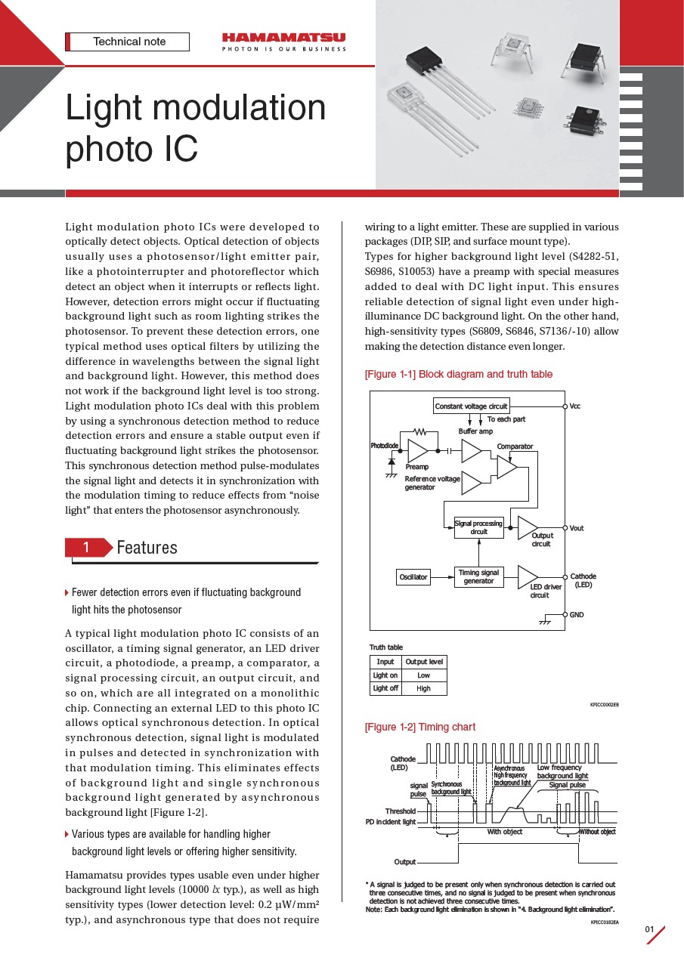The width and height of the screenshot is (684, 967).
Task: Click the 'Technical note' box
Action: (128, 42)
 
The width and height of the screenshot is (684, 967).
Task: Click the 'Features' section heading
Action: (147, 548)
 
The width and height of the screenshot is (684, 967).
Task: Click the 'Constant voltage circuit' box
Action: (472, 406)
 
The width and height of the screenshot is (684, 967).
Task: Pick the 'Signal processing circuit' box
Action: (478, 527)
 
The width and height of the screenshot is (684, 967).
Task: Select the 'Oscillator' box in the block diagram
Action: (413, 577)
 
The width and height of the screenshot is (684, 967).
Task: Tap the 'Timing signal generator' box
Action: (478, 577)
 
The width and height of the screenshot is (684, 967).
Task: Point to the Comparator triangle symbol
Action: (506, 468)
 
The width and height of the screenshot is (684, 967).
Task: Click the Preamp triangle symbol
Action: (417, 451)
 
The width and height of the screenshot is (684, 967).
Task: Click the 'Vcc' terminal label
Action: (575, 406)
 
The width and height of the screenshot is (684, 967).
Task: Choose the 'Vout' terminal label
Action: (577, 528)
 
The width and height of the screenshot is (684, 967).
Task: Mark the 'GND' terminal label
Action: (577, 615)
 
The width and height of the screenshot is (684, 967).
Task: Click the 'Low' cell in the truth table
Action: (424, 675)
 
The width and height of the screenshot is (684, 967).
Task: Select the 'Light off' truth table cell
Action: (385, 688)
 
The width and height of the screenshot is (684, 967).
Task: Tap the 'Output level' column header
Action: (424, 662)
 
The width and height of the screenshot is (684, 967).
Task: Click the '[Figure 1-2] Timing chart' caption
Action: (420, 727)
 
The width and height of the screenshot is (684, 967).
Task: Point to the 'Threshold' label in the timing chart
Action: (401, 811)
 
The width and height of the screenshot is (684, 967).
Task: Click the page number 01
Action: (649, 928)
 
